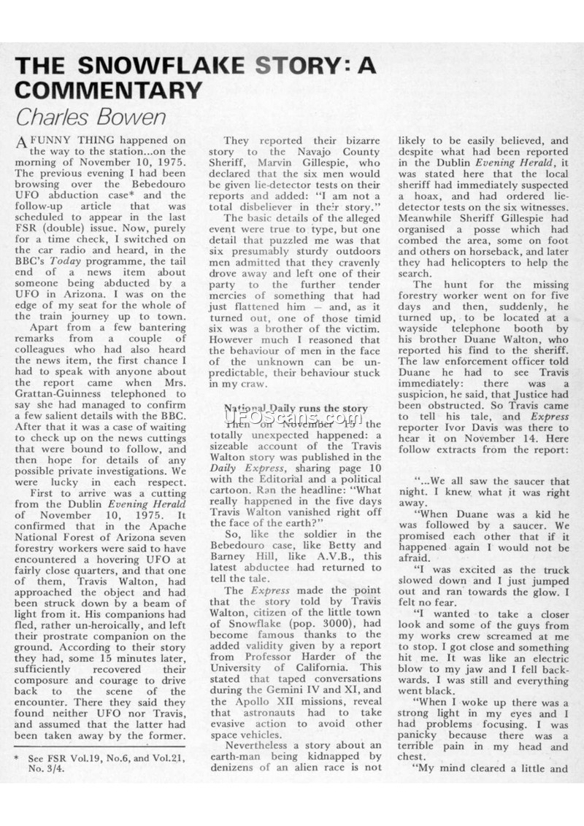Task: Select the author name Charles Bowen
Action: (91, 117)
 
